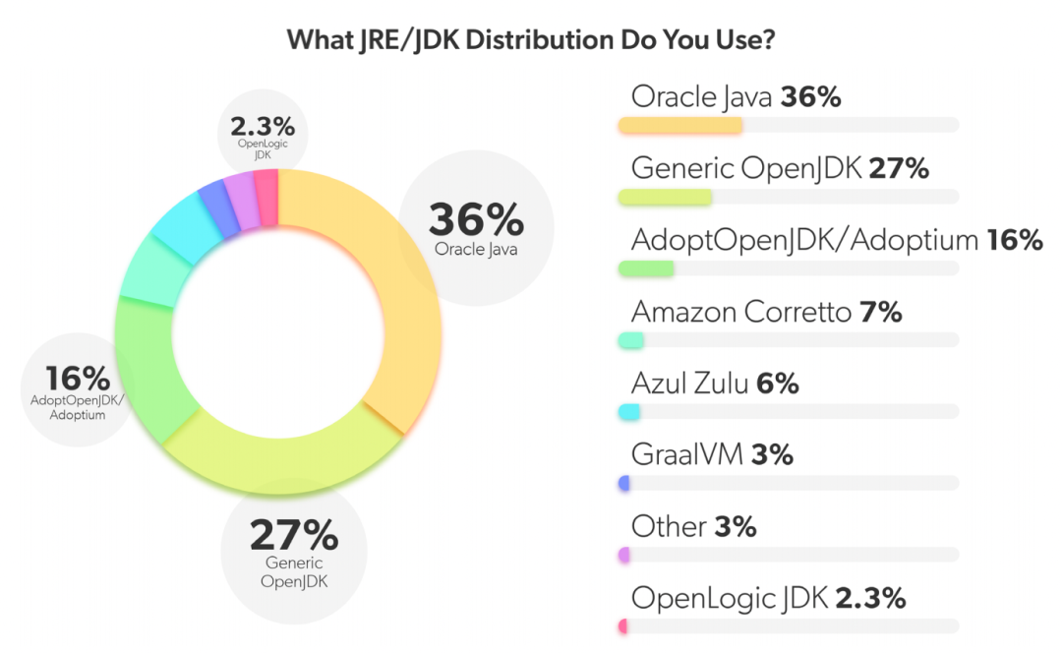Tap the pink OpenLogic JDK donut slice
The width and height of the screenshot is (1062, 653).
(266, 186)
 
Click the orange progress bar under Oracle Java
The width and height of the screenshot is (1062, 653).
(679, 125)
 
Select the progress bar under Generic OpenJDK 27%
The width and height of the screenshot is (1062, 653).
(665, 197)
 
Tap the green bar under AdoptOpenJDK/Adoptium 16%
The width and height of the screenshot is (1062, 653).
(646, 268)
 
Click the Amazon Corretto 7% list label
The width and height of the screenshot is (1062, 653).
(766, 313)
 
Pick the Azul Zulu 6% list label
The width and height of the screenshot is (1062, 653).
(714, 384)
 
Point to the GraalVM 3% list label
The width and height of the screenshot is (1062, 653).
(711, 454)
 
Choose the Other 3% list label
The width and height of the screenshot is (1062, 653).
(693, 526)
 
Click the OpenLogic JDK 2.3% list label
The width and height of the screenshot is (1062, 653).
(767, 598)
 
